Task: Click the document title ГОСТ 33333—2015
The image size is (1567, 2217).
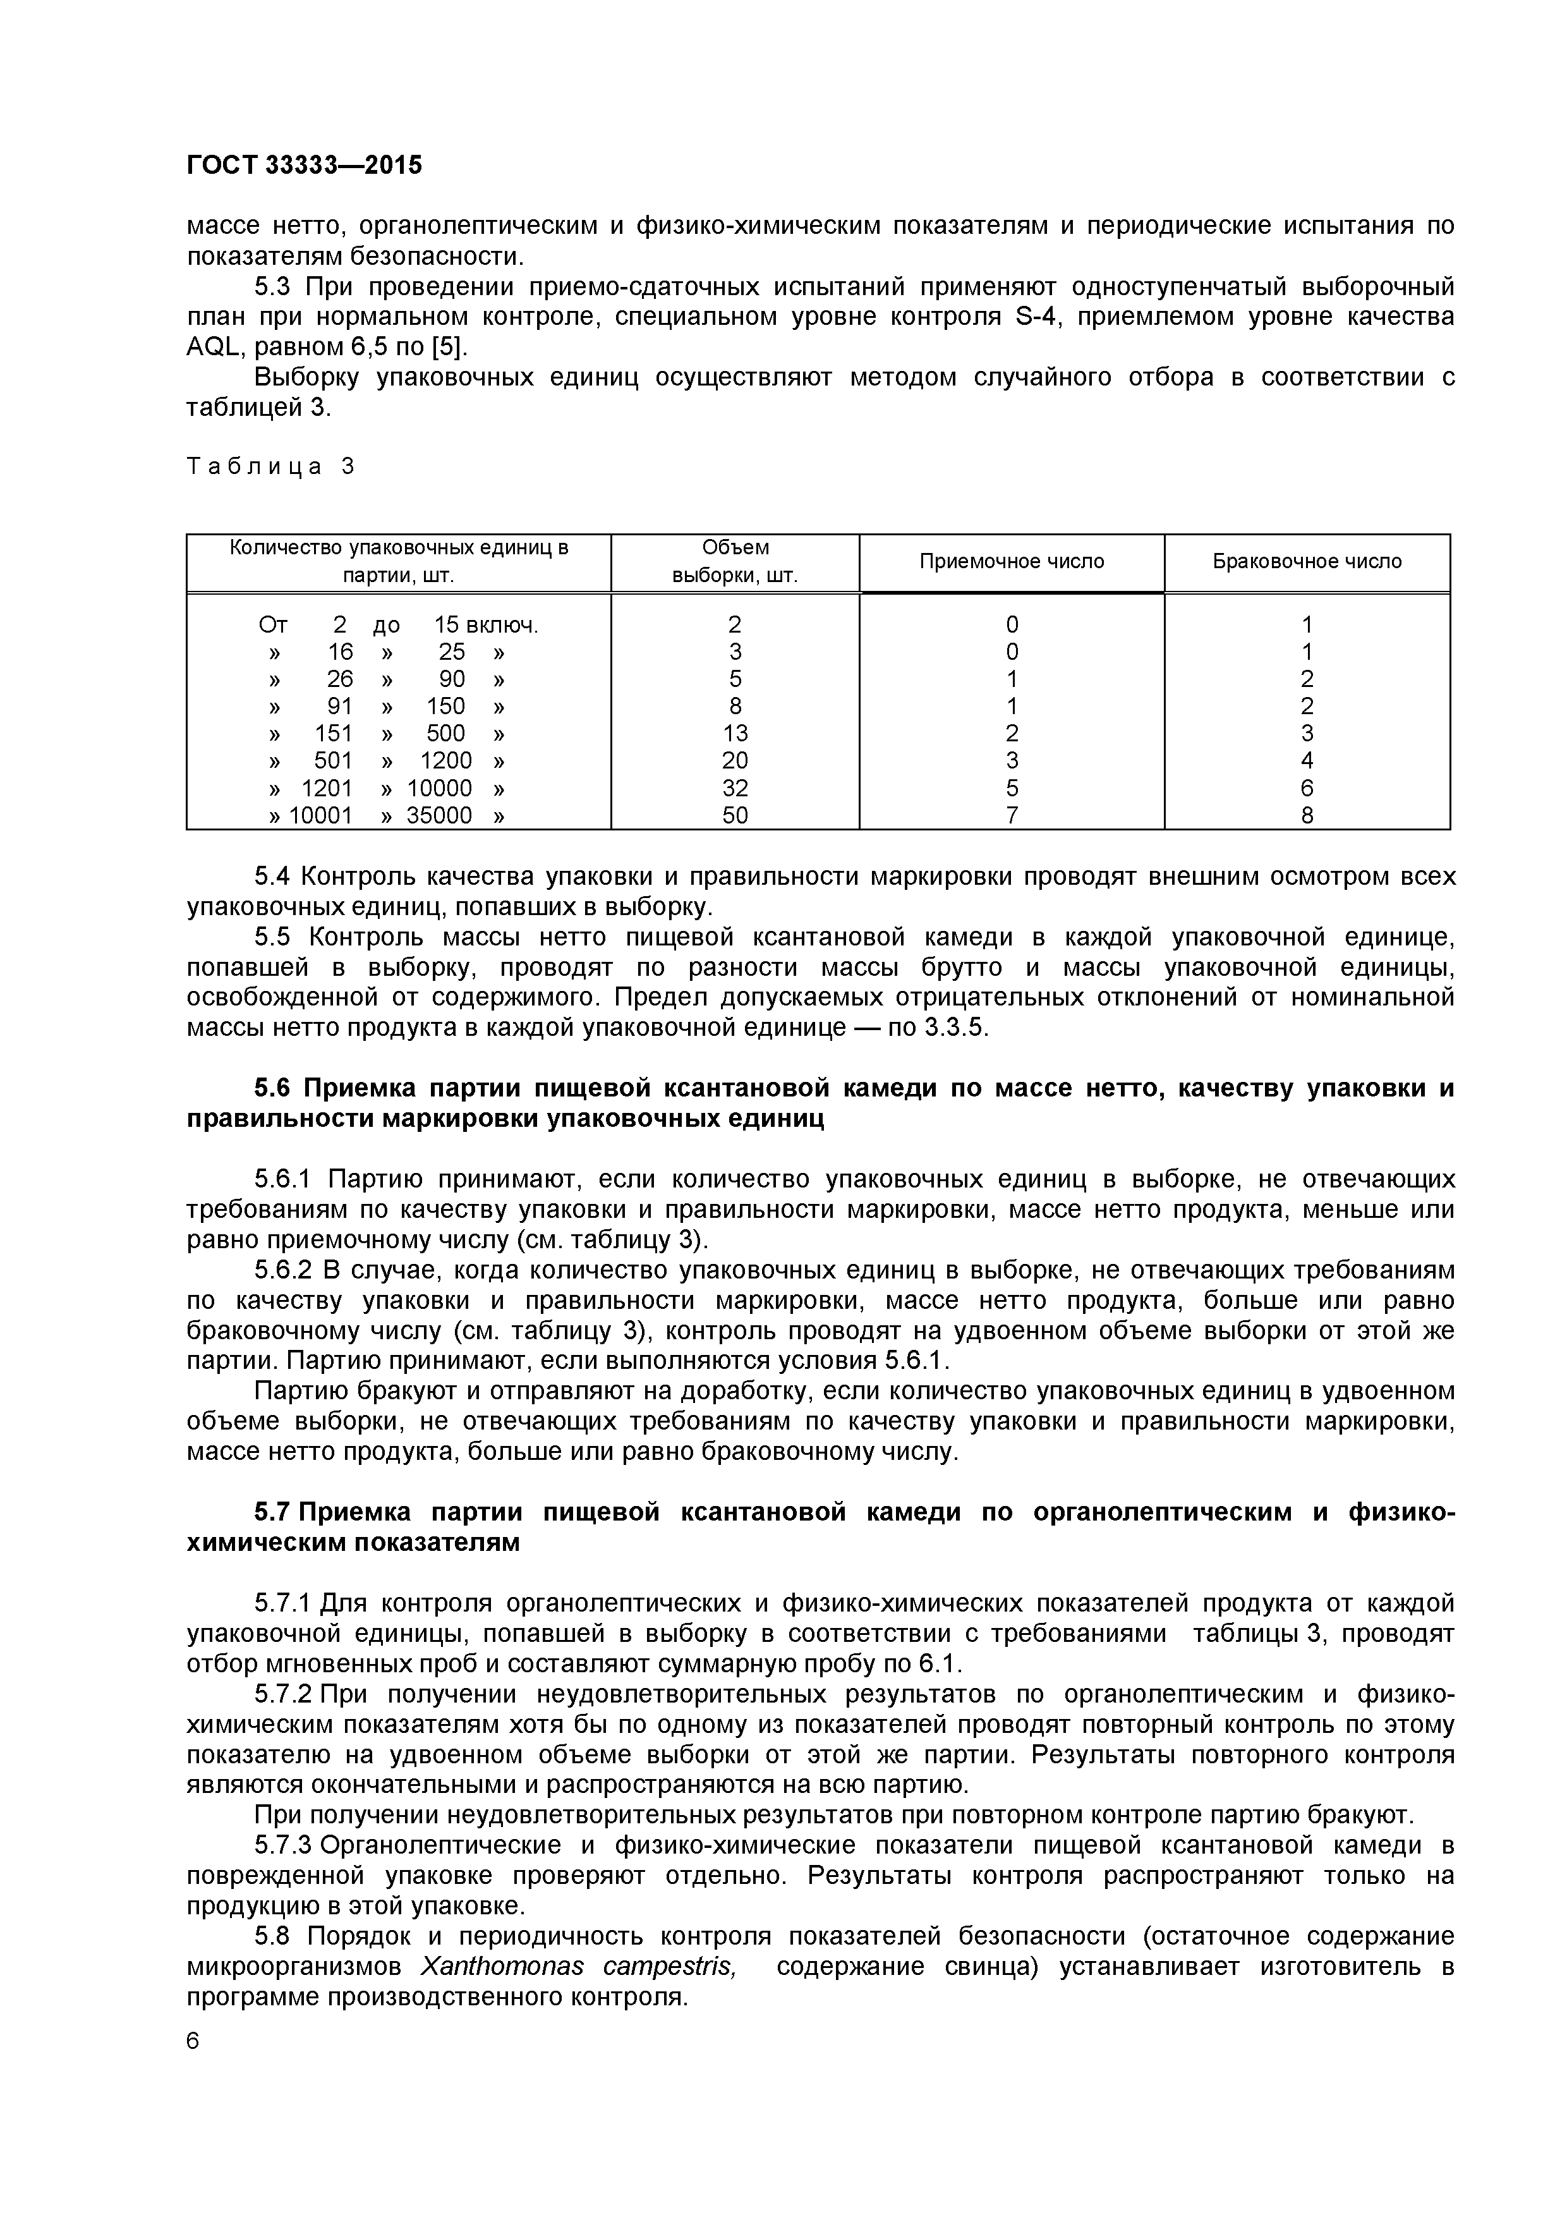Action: (x=304, y=165)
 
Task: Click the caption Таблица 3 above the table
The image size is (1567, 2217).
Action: (x=271, y=466)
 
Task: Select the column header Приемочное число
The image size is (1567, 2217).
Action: (x=1011, y=561)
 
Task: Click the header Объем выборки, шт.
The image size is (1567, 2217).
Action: (x=735, y=561)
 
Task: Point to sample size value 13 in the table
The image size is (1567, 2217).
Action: (x=735, y=733)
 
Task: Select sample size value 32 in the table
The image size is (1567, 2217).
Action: (x=735, y=788)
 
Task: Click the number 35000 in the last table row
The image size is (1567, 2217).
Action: (x=439, y=816)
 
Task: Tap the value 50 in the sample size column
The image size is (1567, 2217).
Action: (x=735, y=816)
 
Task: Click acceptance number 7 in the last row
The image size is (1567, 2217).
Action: (x=1011, y=816)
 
